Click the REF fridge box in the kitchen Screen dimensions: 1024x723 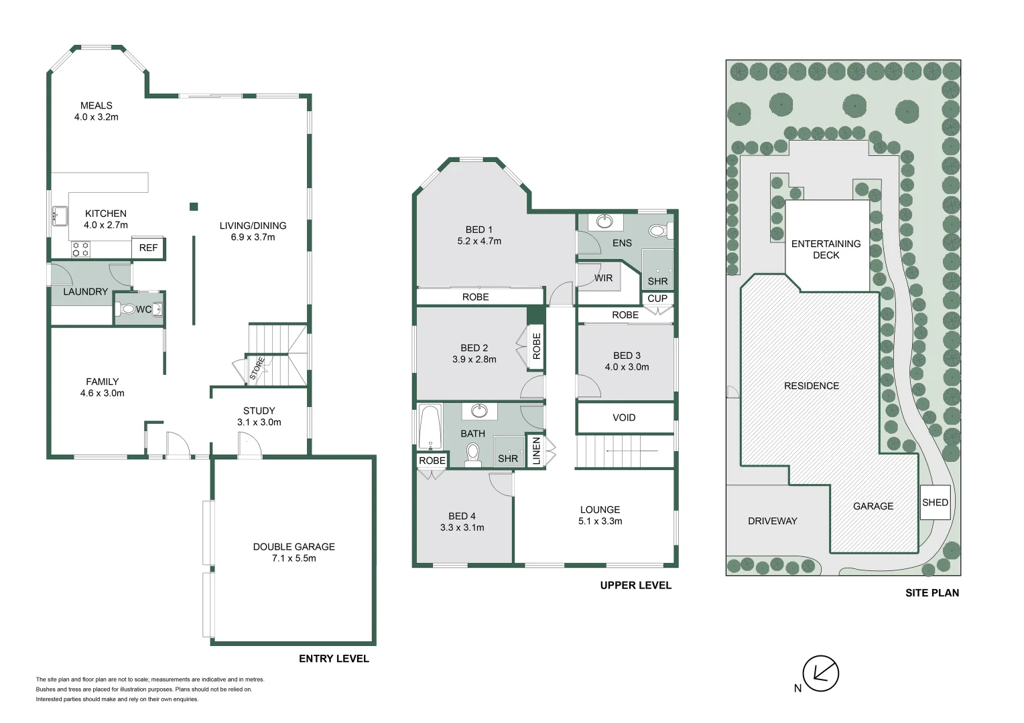(x=149, y=248)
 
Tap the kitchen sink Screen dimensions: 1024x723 (x=60, y=216)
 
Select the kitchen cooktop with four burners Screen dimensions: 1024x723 (x=80, y=250)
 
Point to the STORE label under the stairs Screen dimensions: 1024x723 (x=257, y=369)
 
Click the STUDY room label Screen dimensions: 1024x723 (x=259, y=410)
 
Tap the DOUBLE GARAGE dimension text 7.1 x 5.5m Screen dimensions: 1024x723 (x=294, y=558)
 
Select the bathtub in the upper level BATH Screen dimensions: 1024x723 (x=430, y=426)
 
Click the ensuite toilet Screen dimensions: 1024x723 (x=659, y=231)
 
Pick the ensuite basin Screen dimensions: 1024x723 (x=604, y=222)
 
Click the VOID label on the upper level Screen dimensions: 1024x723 (x=624, y=418)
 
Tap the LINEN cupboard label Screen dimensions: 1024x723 (x=537, y=451)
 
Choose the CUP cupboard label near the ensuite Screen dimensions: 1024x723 (x=657, y=299)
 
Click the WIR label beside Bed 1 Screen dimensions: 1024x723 (x=603, y=278)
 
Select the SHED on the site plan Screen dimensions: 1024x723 (x=936, y=502)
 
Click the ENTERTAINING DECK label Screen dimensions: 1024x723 (x=826, y=250)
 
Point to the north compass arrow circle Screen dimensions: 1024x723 (x=821, y=673)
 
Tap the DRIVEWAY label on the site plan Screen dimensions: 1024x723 (x=773, y=521)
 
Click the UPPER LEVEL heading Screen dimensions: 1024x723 (x=636, y=586)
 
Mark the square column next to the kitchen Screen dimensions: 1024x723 (x=194, y=207)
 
